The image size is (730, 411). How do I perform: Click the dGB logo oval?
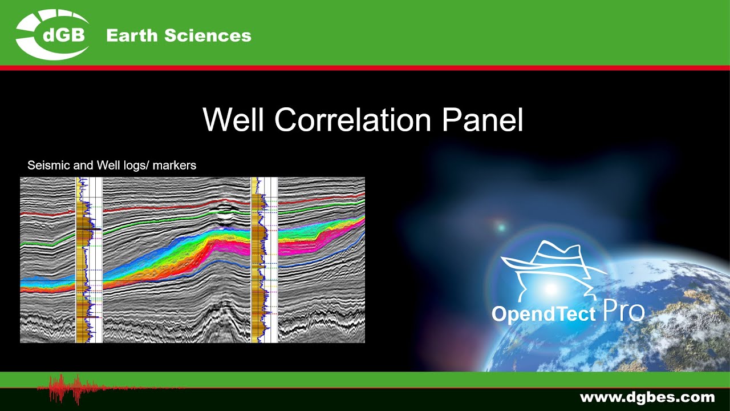point(52,35)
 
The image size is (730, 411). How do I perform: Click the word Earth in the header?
point(132,35)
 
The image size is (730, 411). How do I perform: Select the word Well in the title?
point(234,120)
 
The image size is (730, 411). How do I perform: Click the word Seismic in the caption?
point(46,166)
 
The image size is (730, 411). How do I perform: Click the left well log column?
point(88,260)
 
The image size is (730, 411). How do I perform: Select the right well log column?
point(264,260)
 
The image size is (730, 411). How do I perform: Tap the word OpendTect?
point(544,314)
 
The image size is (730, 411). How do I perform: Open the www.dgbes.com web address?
point(647,397)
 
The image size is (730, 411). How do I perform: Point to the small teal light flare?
point(501,228)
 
